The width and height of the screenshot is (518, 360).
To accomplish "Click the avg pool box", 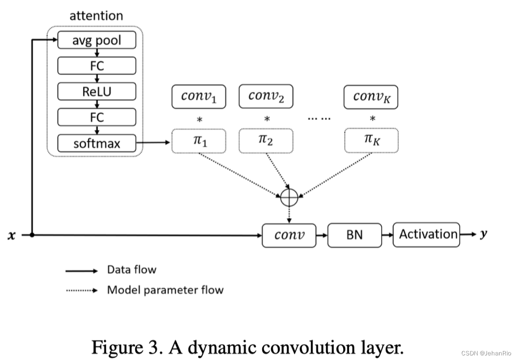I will (x=97, y=40).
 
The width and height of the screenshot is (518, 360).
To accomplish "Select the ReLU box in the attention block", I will (x=97, y=91).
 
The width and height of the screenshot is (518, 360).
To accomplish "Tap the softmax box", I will (x=97, y=143).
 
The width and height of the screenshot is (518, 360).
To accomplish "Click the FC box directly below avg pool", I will (x=97, y=66).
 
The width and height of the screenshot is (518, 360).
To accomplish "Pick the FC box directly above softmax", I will (x=97, y=117).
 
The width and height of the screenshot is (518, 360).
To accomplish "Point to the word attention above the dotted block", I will (x=96, y=16).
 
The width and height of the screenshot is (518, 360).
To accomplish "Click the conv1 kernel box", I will (x=199, y=97).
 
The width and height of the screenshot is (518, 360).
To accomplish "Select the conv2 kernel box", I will (x=266, y=96).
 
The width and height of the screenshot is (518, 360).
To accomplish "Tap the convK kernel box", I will (x=371, y=97).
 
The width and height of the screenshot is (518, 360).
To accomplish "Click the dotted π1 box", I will (x=199, y=141).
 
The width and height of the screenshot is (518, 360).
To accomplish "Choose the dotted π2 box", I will (x=266, y=141).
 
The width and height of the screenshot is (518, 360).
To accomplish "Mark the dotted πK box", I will (x=371, y=141).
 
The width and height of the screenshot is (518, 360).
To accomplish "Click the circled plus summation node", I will (x=289, y=198).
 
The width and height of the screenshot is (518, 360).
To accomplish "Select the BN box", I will (x=354, y=235).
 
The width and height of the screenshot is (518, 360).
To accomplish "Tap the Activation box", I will (x=426, y=234).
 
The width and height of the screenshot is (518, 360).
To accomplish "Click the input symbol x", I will (x=12, y=235).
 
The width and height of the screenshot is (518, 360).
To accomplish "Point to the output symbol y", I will (x=483, y=234).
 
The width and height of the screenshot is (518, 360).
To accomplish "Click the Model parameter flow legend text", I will (x=165, y=290).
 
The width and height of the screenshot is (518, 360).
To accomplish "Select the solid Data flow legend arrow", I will (x=82, y=271).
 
